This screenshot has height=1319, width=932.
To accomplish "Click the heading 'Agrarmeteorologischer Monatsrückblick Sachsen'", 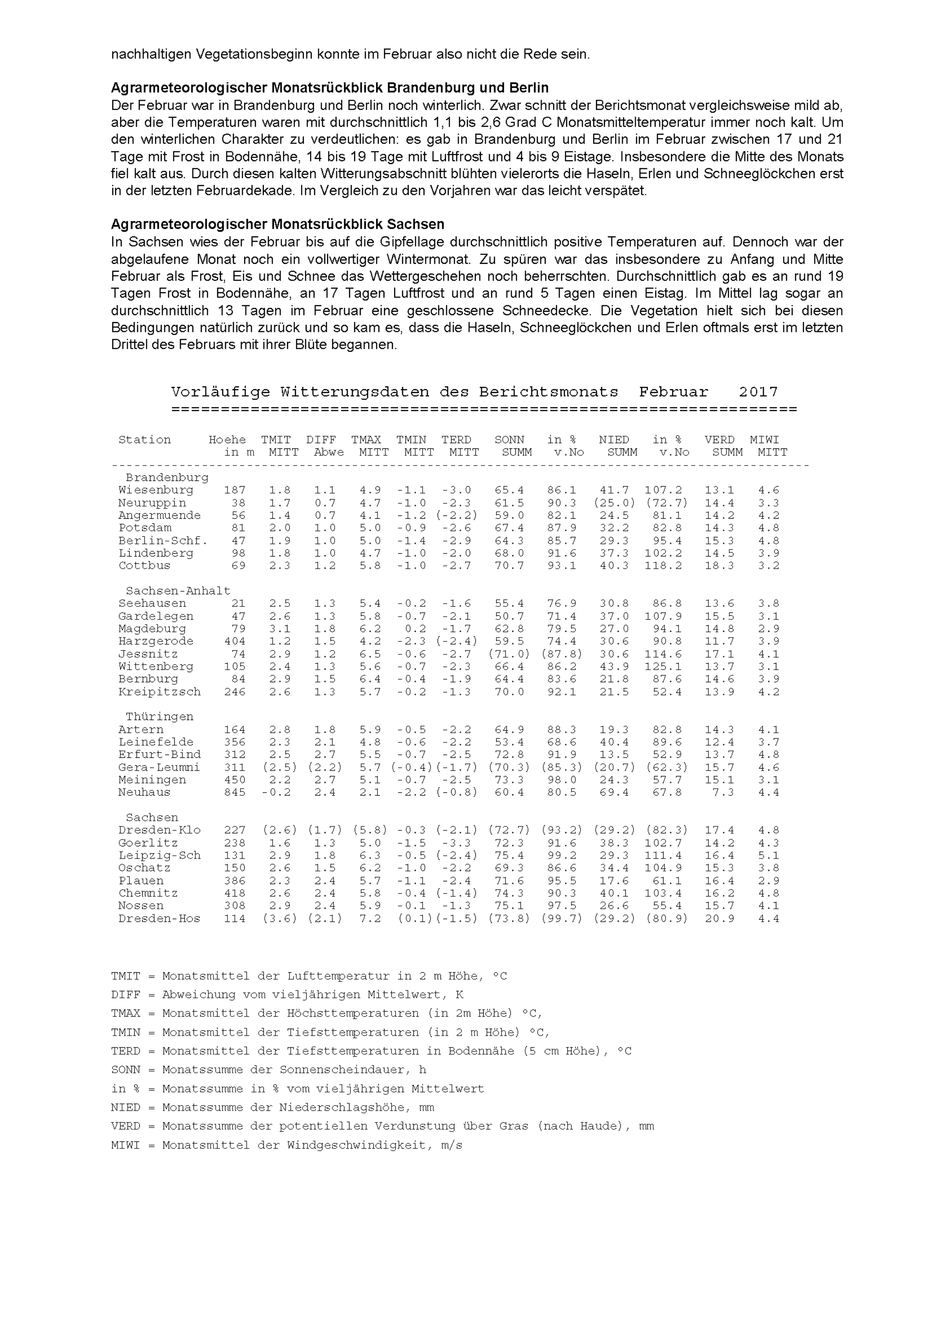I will click(277, 224).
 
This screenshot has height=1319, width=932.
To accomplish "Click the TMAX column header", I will click(366, 440).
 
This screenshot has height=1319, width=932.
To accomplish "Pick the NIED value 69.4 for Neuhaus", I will click(614, 792).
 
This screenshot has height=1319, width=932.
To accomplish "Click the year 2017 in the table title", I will click(758, 392).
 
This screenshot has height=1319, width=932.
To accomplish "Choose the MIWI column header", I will click(764, 440).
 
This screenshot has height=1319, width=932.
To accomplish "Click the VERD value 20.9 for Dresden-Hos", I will click(720, 919).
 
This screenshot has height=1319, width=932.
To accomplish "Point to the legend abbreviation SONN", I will click(126, 1070).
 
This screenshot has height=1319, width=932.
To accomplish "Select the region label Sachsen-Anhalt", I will click(178, 591).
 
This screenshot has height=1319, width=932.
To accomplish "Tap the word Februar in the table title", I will click(673, 392).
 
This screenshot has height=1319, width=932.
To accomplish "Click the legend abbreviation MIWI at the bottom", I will click(126, 1145).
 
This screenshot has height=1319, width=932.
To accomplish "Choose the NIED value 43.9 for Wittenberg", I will click(614, 666).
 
